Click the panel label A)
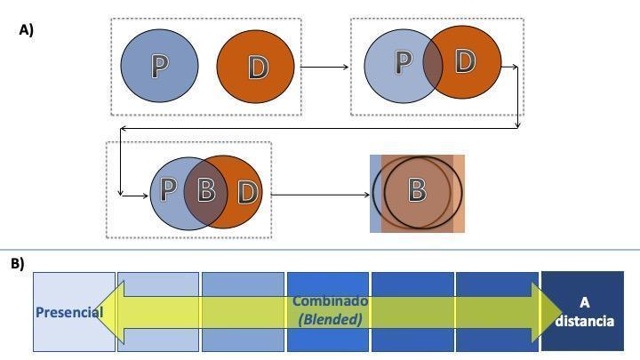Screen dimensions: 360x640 [x=27, y=29]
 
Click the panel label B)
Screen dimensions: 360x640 [x=18, y=264]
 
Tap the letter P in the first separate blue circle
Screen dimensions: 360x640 [x=159, y=66]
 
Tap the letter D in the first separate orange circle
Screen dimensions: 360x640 [x=258, y=68]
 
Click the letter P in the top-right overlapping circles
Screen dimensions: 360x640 [x=404, y=61]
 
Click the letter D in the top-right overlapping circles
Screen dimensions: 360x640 [x=464, y=60]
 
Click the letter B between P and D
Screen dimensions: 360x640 [x=206, y=189]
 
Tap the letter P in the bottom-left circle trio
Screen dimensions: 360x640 [x=167, y=189]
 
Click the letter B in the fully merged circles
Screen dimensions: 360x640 [x=416, y=190]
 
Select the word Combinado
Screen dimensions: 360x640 [x=330, y=301]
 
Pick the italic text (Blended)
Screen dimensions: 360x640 [x=330, y=319]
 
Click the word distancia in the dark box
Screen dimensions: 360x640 [x=585, y=321]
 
